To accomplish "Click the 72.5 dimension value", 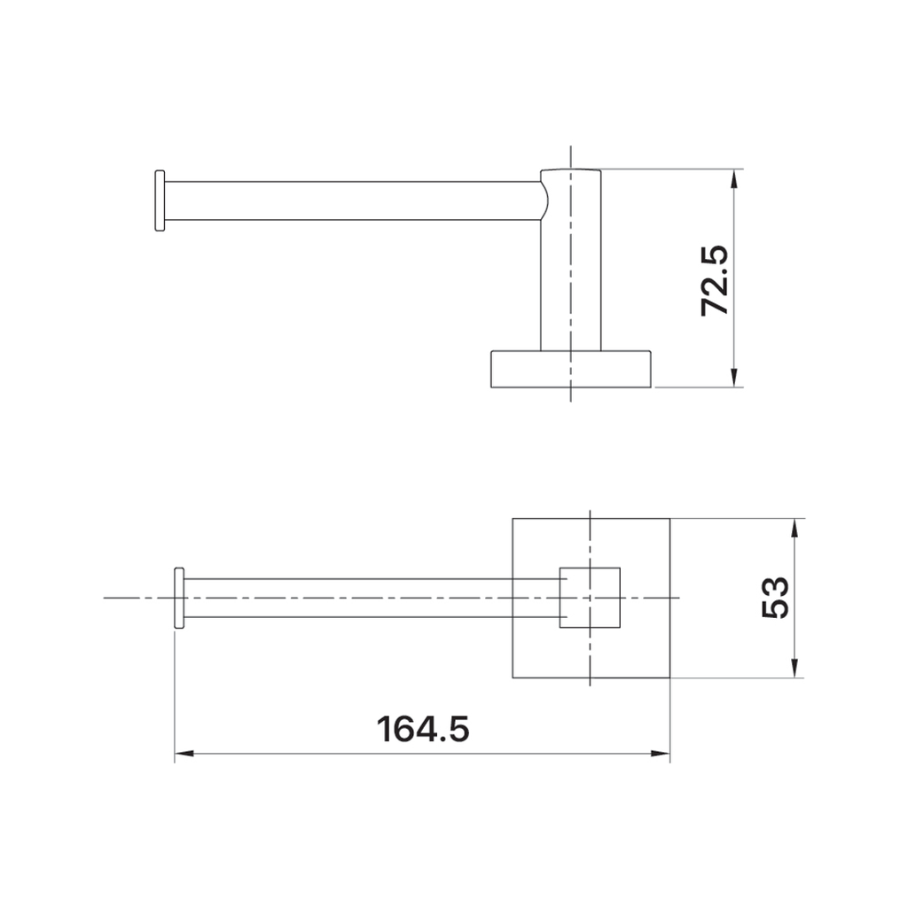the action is tap(714, 280).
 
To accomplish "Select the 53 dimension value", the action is tap(775, 599).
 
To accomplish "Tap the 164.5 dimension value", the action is tap(423, 729).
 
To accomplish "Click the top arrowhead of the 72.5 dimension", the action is tap(734, 178).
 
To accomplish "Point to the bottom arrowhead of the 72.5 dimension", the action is tap(734, 378).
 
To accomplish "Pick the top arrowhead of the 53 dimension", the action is tap(795, 528).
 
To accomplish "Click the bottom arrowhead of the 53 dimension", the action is tap(795, 669).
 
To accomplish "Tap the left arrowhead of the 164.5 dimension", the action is tap(184, 754).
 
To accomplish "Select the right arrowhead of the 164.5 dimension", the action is tap(661, 754).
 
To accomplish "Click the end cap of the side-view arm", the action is tap(160, 200).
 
